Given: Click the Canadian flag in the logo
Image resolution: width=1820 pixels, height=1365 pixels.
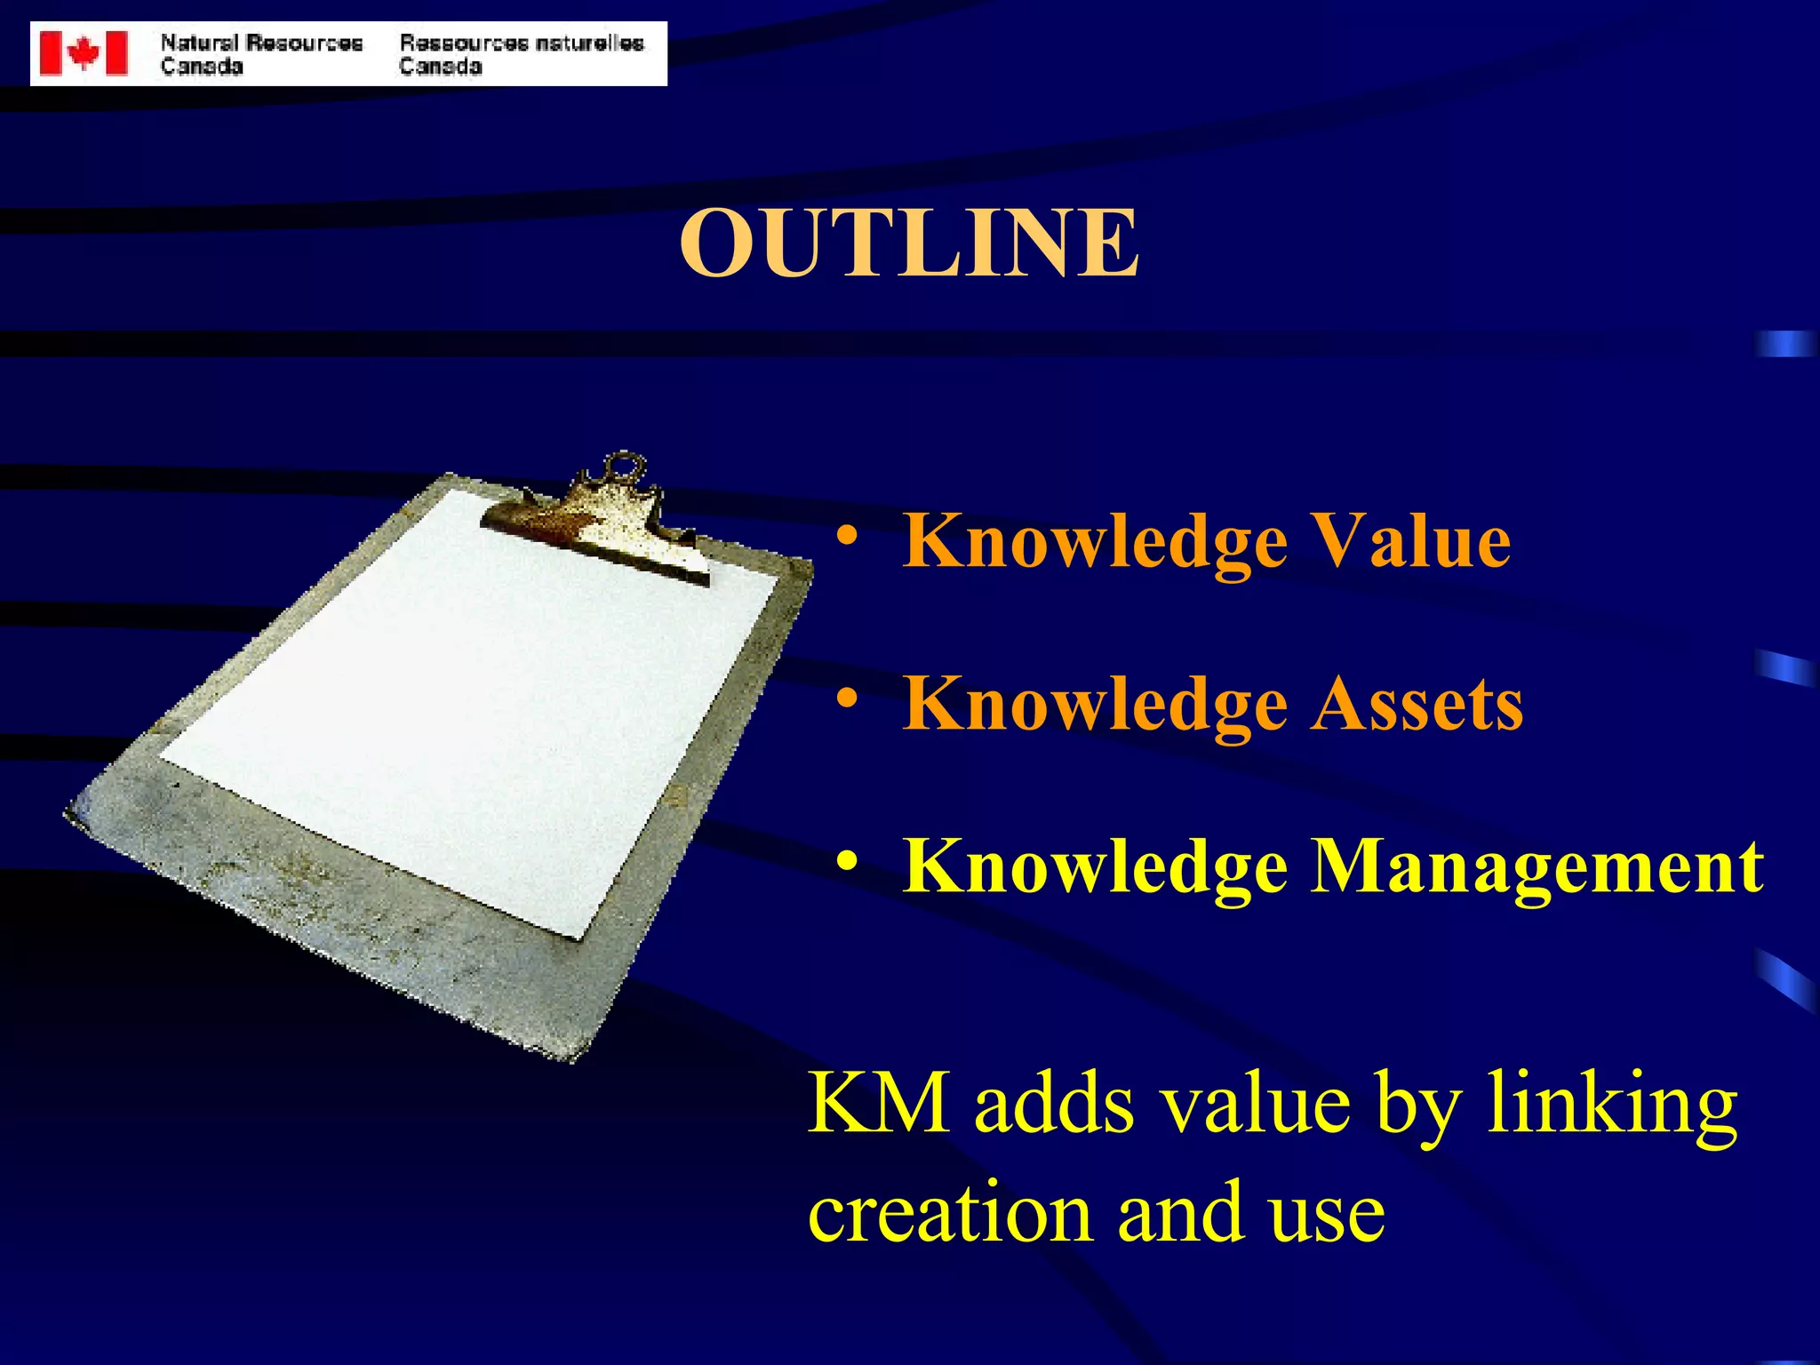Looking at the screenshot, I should [84, 53].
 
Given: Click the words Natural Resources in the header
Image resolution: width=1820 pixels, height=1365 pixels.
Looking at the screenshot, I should [261, 43].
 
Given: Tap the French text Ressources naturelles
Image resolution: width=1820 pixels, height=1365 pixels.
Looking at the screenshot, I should [522, 43].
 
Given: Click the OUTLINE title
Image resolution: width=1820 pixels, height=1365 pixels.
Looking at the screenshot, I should [909, 243].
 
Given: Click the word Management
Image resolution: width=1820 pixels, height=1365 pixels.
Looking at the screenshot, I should [1538, 866].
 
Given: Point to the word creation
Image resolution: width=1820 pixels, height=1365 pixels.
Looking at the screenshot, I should [950, 1214].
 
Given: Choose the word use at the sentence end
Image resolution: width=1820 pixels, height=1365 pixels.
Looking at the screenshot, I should [1326, 1214].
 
